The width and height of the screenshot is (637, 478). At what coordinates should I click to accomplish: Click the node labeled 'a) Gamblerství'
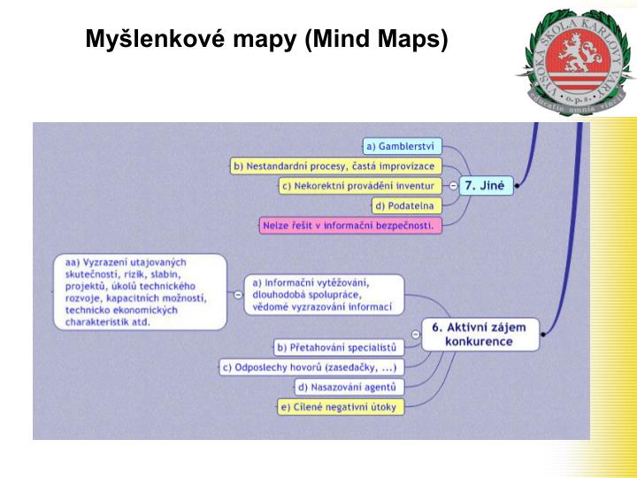(403, 146)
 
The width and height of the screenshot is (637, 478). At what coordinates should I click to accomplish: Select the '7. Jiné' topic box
(486, 186)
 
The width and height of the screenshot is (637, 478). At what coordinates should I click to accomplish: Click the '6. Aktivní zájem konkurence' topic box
(478, 334)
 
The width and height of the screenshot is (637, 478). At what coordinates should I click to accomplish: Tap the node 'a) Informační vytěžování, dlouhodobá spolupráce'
(322, 295)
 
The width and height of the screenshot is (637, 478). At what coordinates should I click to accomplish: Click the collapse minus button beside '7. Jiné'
(453, 186)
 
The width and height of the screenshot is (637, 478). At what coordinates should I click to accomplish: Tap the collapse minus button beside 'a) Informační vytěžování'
(236, 295)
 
